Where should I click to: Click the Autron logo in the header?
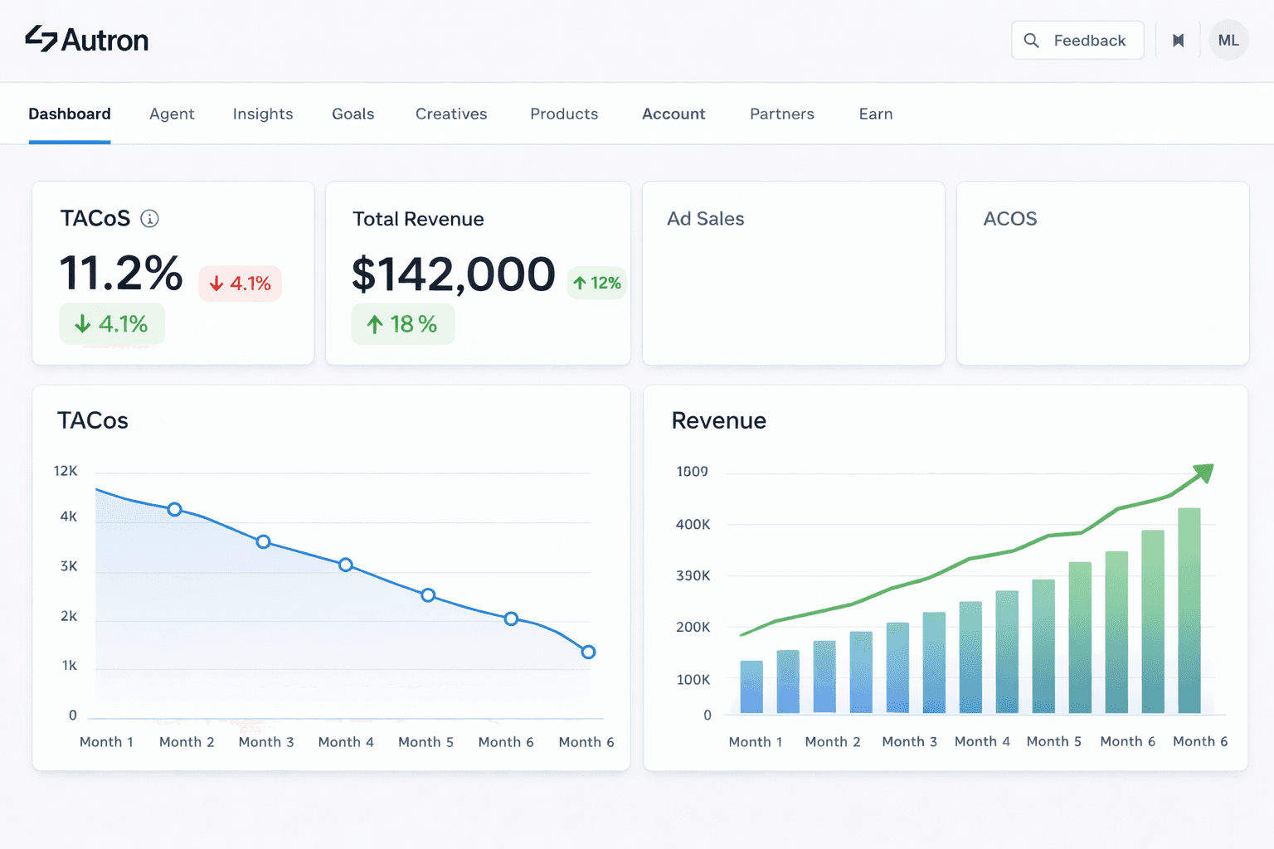point(87,39)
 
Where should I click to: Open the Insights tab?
point(263,114)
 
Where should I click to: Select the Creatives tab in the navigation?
point(451,114)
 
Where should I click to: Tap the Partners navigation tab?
point(781,114)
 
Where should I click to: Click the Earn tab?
point(875,114)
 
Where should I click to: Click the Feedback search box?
point(1077,40)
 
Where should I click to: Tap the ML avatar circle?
point(1228,40)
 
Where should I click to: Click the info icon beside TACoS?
point(149,218)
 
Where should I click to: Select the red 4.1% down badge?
point(241,284)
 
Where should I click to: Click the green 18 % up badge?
point(402,324)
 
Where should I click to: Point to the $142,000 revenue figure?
point(453,274)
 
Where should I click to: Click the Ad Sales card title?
point(705,219)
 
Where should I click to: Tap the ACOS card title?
point(1009,219)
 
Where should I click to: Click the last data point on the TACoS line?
point(588,652)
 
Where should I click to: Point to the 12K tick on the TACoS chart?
point(66,471)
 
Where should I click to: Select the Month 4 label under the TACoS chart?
point(346,742)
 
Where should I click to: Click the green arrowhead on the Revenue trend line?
point(1203,473)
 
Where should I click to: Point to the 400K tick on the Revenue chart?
point(693,524)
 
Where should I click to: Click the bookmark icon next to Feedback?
point(1178,40)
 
